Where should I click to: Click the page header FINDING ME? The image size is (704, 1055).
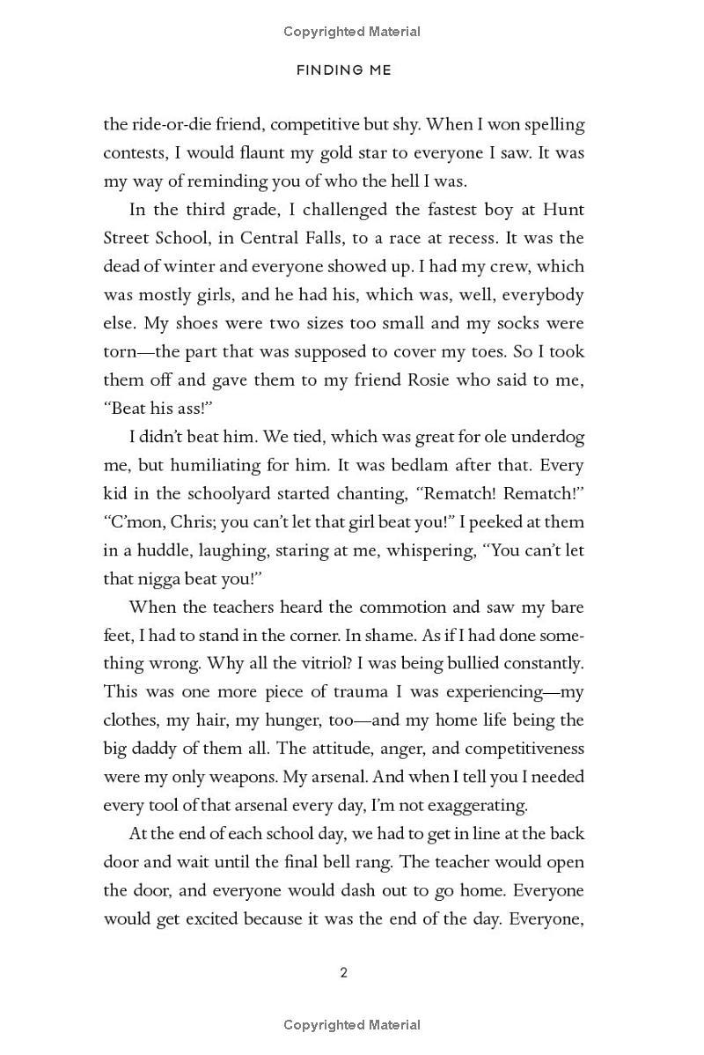click(343, 70)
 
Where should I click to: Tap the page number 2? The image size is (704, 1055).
click(343, 972)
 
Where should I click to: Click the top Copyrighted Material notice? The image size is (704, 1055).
click(352, 32)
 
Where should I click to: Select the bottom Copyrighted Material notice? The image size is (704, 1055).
click(352, 1024)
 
